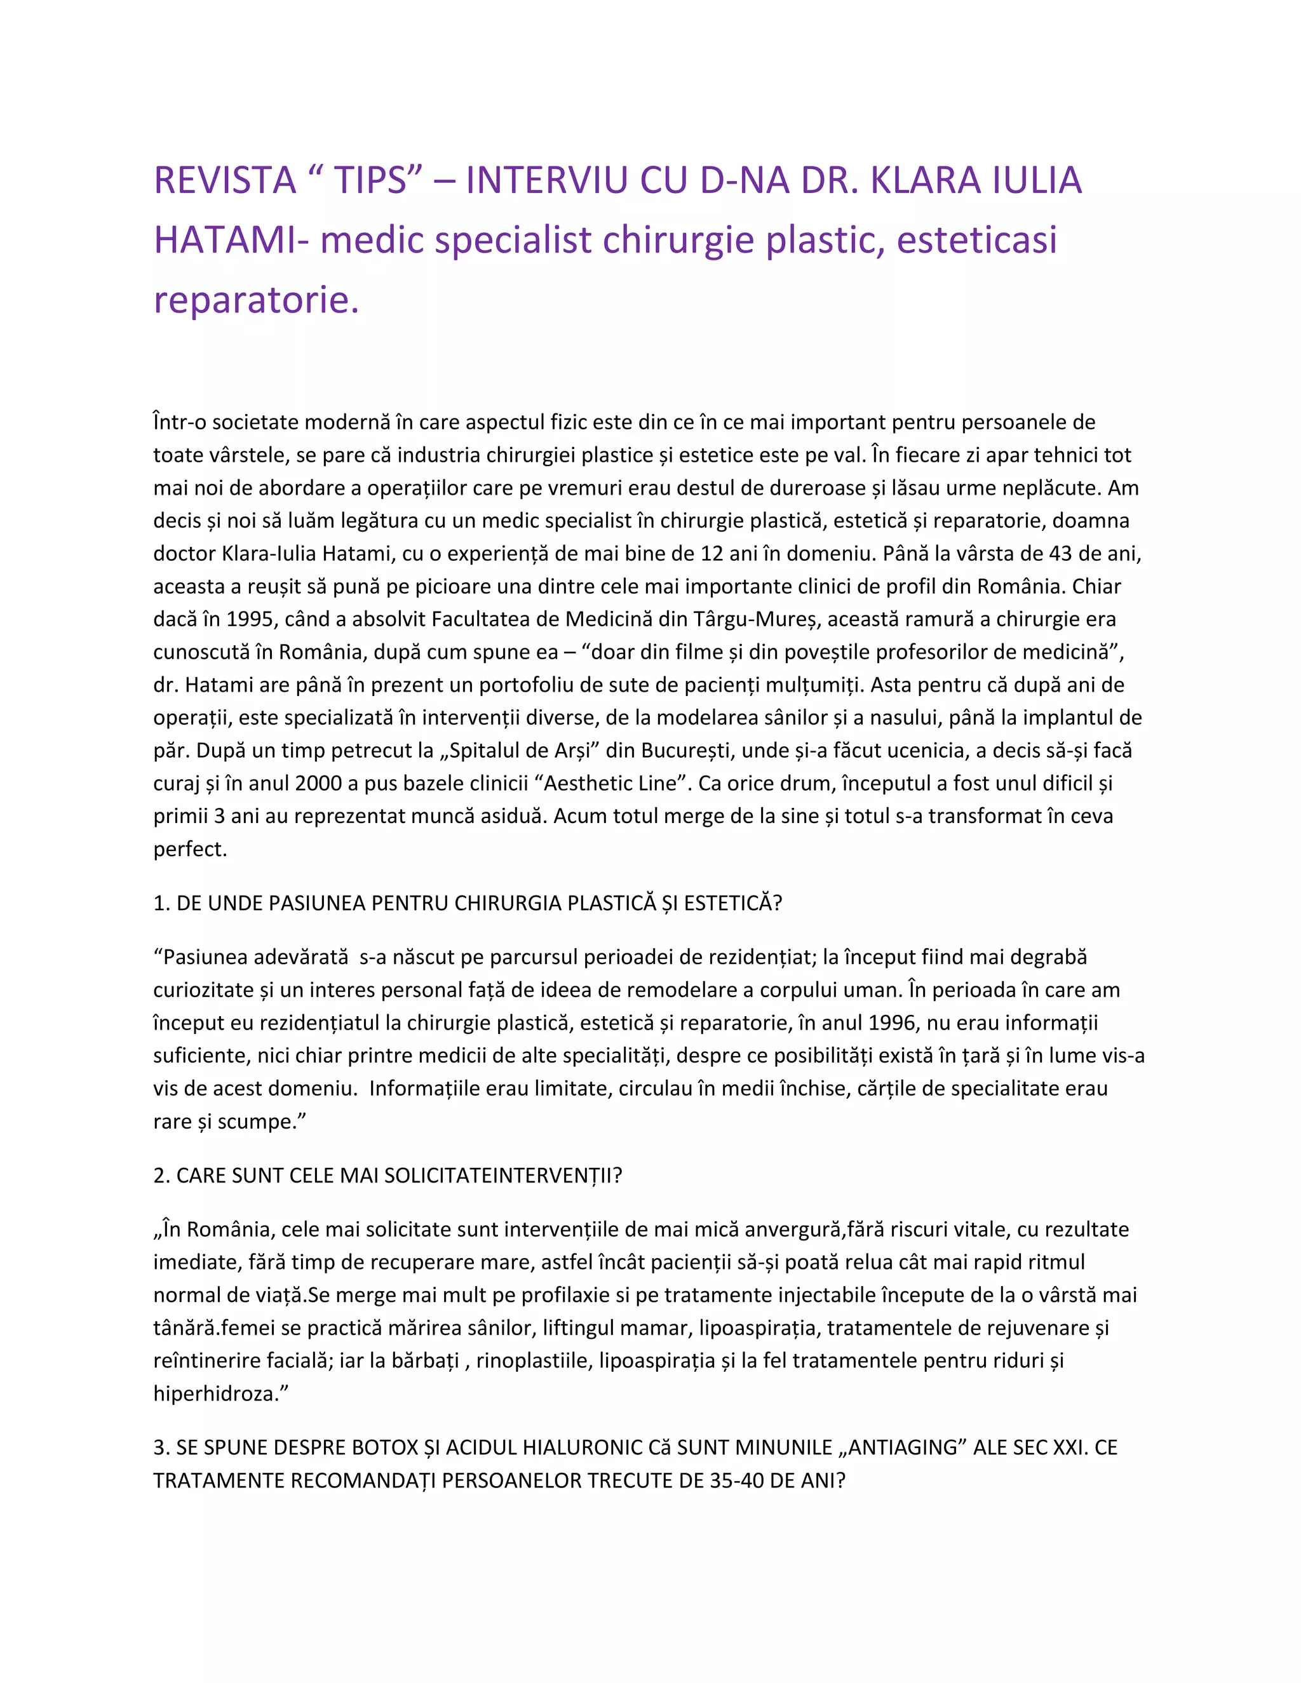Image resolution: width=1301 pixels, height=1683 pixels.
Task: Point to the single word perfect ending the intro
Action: click(x=189, y=848)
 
